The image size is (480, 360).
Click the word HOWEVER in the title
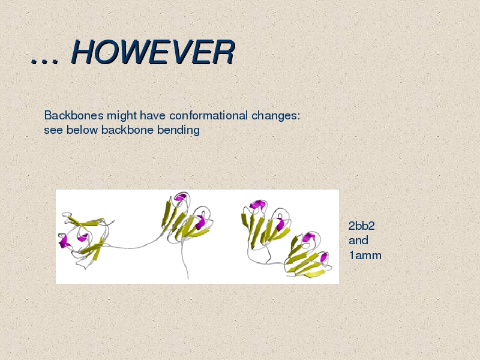[x=153, y=52]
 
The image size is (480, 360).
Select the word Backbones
[x=74, y=115]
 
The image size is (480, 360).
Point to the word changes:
[x=276, y=116]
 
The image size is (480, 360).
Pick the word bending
[x=178, y=130]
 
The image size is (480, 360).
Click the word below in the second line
[x=82, y=130]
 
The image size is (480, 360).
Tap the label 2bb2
[x=362, y=226]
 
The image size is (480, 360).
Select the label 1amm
[x=365, y=256]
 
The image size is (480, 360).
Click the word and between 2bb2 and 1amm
[x=358, y=241]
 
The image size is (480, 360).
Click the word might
[x=122, y=116]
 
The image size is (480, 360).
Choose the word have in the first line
[x=152, y=115]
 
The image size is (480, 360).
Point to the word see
[x=53, y=130]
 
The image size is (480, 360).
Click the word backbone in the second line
[x=127, y=130]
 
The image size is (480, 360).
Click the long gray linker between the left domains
[x=131, y=247]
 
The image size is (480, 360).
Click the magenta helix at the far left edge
[x=64, y=242]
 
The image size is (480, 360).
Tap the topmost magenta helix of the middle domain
[x=181, y=197]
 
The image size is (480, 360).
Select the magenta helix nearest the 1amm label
[x=324, y=258]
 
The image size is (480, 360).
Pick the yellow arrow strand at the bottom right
[x=314, y=274]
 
